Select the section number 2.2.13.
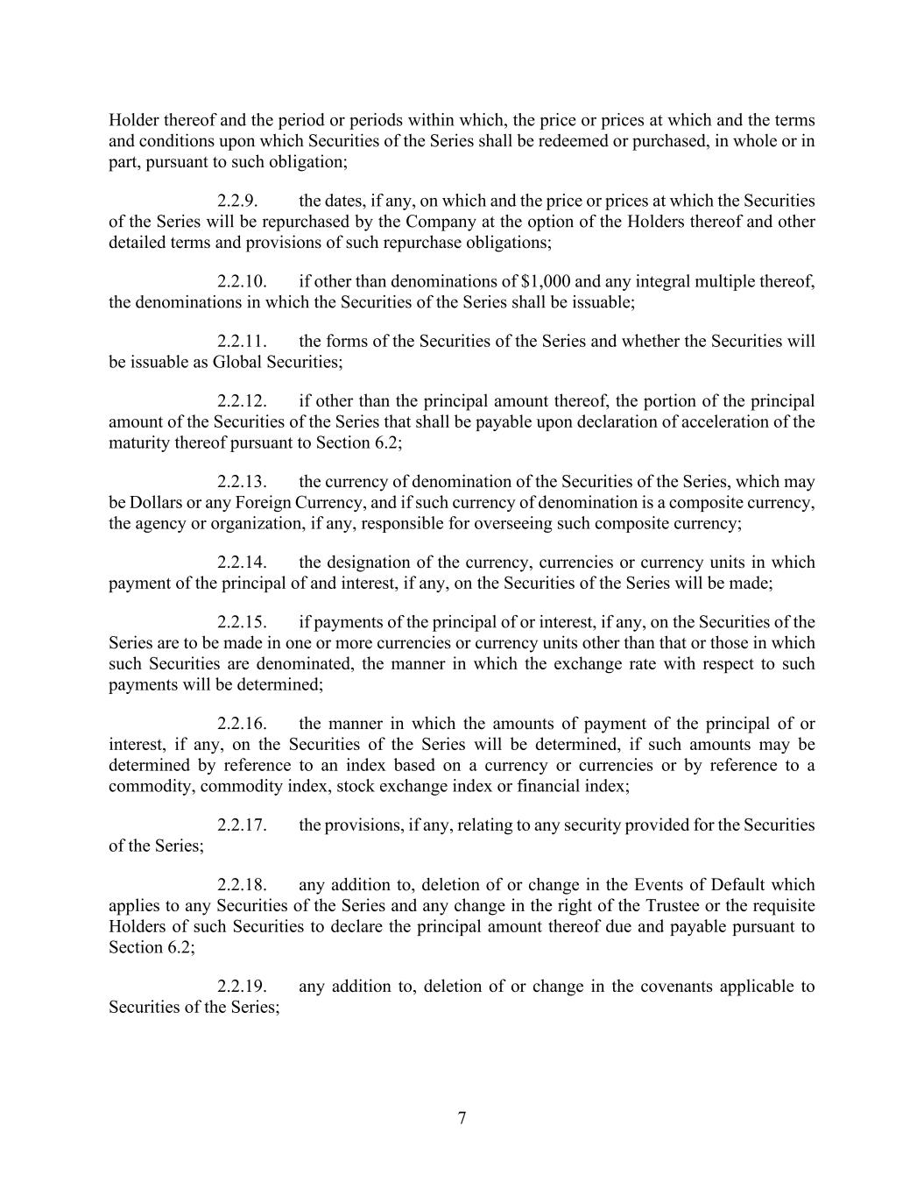click(x=242, y=482)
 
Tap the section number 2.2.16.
click(x=242, y=724)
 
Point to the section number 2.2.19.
click(x=242, y=987)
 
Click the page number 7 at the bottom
click(x=462, y=1118)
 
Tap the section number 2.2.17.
click(x=242, y=825)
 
